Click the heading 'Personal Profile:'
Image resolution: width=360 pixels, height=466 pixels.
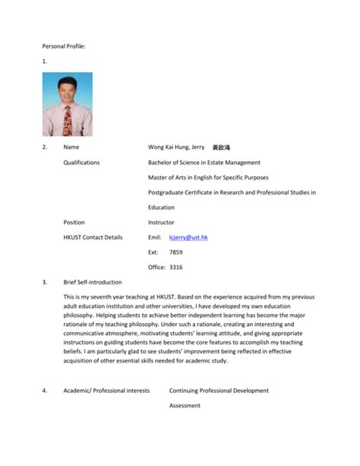pyautogui.click(x=64, y=46)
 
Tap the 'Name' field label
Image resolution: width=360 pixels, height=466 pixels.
pyautogui.click(x=72, y=147)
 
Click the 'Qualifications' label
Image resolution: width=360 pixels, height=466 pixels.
pyautogui.click(x=82, y=162)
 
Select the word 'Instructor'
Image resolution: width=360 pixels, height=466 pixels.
pyautogui.click(x=161, y=222)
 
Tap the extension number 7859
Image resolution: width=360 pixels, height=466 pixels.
pyautogui.click(x=175, y=252)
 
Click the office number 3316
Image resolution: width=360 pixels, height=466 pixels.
pyautogui.click(x=175, y=267)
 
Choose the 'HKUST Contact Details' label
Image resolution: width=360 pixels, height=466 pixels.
pyautogui.click(x=93, y=237)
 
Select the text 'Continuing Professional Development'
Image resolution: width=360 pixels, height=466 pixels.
pyautogui.click(x=219, y=391)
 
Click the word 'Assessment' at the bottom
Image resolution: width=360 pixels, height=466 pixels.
pyautogui.click(x=185, y=406)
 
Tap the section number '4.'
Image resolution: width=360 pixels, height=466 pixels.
pyautogui.click(x=45, y=391)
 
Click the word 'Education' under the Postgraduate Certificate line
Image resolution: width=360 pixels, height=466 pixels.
pyautogui.click(x=161, y=207)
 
